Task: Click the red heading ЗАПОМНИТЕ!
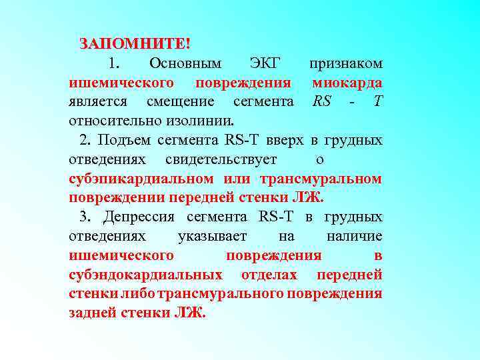click(135, 45)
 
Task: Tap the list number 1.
click(113, 64)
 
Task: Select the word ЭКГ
click(265, 64)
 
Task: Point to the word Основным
click(185, 64)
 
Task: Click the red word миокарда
click(347, 83)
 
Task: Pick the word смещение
click(180, 102)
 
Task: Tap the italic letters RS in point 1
click(322, 102)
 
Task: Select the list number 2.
click(84, 141)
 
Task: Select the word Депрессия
click(139, 217)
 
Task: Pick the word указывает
click(212, 237)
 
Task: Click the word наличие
click(355, 237)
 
